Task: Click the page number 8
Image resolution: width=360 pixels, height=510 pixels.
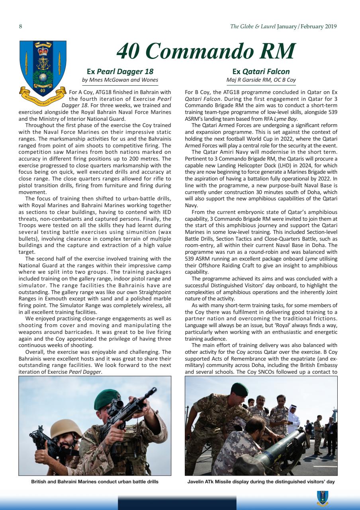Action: (20, 27)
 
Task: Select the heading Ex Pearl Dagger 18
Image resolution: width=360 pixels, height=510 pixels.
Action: (119, 72)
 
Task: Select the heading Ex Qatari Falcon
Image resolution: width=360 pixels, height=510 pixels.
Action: (261, 72)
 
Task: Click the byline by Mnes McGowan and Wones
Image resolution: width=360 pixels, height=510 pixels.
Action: (119, 80)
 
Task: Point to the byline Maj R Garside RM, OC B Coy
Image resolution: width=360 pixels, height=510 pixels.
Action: (261, 80)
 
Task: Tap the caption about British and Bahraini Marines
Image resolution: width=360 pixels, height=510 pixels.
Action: (95, 482)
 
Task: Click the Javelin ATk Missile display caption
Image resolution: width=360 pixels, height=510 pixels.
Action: (261, 482)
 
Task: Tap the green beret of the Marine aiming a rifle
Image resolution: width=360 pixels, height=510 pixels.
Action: (107, 396)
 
